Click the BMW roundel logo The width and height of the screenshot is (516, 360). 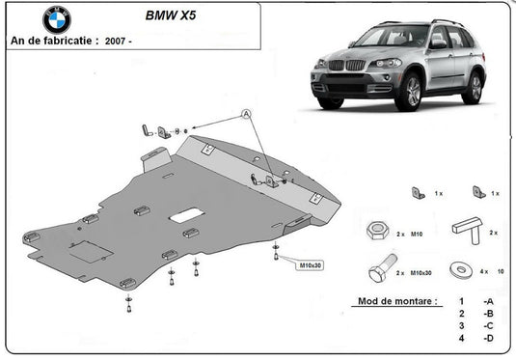57,20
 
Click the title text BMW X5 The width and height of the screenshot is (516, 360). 171,15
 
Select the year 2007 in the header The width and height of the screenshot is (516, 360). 115,42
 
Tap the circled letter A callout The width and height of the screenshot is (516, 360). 246,114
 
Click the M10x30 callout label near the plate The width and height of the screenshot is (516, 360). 310,265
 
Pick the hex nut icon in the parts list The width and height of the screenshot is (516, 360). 378,231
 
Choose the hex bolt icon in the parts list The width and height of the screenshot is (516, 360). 383,267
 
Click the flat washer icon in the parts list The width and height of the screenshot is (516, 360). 461,269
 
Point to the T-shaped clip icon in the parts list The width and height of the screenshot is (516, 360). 468,230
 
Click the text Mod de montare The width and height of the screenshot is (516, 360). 397,301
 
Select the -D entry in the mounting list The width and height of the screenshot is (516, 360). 488,338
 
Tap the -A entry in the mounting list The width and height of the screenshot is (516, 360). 488,301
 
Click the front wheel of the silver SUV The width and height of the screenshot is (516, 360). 409,92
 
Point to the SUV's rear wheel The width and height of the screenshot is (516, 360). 474,87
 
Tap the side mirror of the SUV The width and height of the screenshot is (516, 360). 437,44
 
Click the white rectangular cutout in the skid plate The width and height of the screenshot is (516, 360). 186,215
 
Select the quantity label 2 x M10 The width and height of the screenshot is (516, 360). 409,235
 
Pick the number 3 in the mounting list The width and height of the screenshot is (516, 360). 461,326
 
